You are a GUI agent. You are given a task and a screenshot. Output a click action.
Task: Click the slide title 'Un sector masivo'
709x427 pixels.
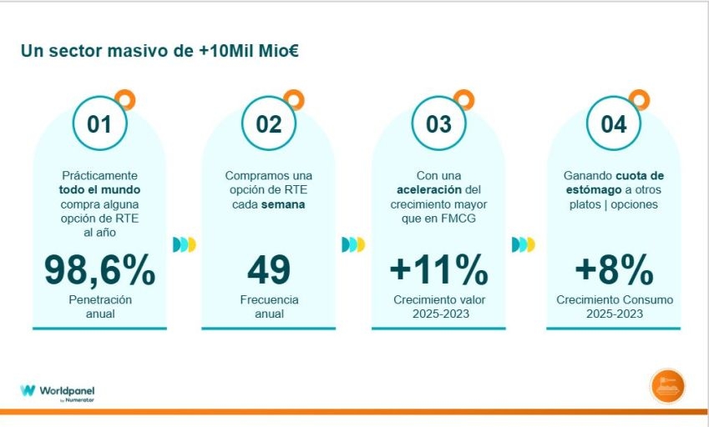coord(160,51)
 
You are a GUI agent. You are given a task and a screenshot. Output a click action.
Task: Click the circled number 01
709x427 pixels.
coord(99,124)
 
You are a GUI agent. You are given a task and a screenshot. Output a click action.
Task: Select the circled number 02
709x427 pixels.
coord(268,124)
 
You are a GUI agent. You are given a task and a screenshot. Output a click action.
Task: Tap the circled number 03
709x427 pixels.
coord(438,124)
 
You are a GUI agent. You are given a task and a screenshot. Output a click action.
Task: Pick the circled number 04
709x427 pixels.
coord(613,124)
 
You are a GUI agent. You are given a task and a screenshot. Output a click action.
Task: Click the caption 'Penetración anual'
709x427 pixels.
coord(99,306)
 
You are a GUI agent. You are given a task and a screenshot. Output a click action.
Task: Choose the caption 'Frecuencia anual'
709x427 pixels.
coord(268,306)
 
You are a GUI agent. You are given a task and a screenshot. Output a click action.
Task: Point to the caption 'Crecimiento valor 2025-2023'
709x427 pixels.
coord(438,306)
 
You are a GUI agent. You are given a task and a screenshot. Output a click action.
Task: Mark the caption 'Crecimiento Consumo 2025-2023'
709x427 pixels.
coord(613,306)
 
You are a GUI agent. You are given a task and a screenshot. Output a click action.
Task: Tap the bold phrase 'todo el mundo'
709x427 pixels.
coord(99,190)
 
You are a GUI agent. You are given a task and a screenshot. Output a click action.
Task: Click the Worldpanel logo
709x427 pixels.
coord(52,391)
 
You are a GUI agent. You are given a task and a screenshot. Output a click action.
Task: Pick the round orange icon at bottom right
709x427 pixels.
coord(667,386)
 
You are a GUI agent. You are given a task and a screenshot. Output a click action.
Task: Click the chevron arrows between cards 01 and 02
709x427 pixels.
coord(185,244)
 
